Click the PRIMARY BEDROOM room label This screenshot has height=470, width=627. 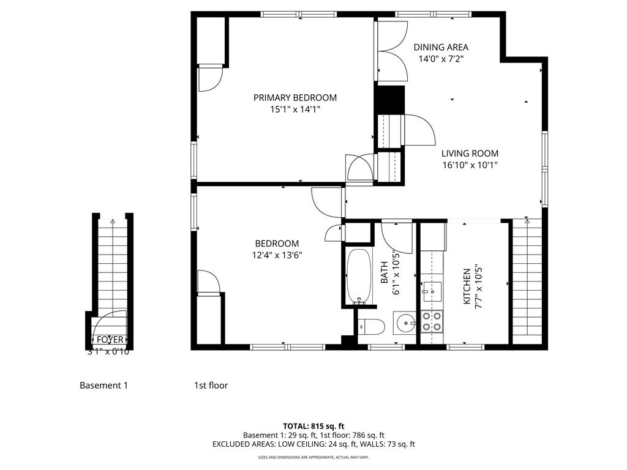click(295, 98)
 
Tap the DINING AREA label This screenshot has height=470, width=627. click(441, 47)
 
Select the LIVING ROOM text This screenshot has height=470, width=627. click(470, 154)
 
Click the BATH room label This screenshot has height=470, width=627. click(385, 273)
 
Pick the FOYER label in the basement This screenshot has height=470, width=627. click(110, 340)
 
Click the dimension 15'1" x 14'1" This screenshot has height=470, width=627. click(295, 110)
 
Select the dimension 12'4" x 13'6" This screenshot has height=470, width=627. click(277, 255)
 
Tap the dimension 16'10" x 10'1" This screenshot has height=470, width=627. click(470, 165)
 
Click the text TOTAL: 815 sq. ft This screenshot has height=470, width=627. click(313, 425)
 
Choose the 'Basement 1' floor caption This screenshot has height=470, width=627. click(103, 386)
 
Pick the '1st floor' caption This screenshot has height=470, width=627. click(211, 386)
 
